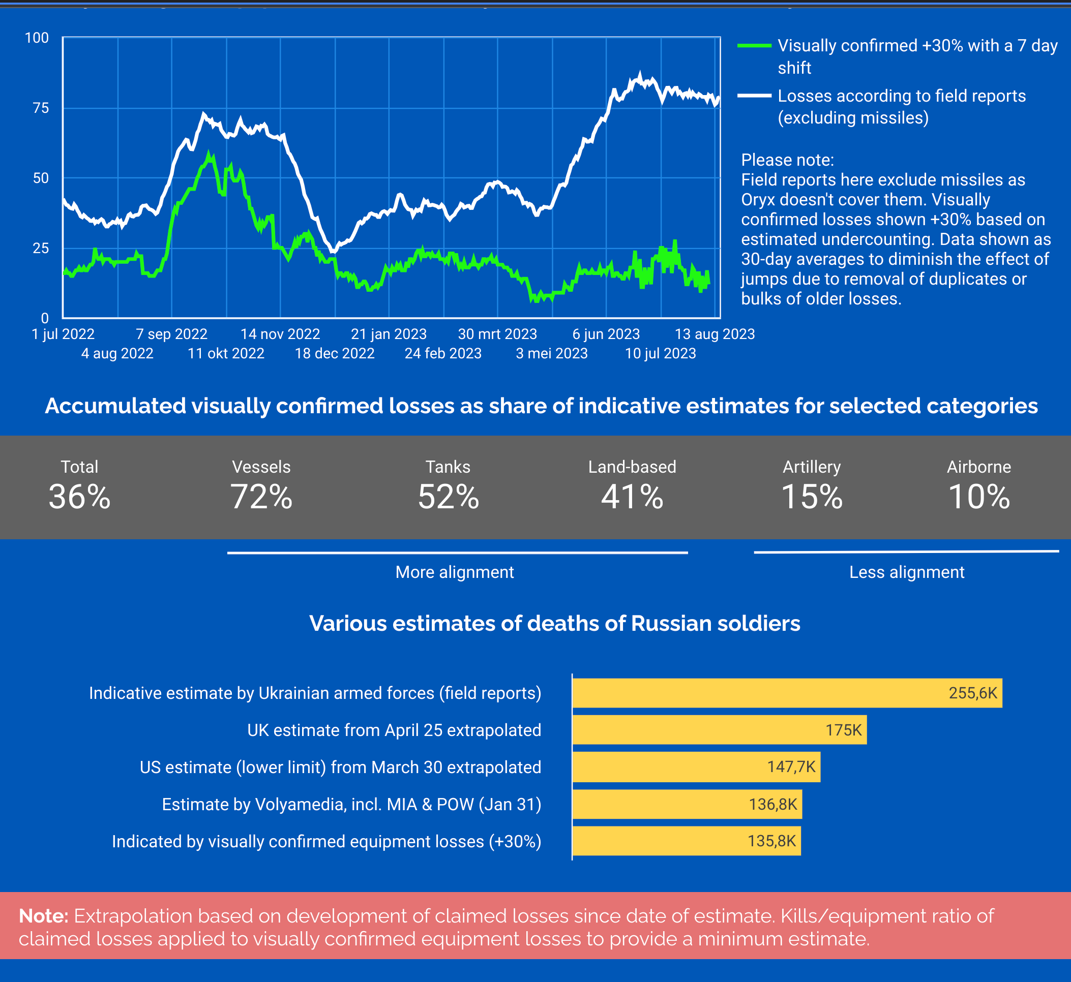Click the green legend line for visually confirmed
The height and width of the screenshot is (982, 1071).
pos(754,46)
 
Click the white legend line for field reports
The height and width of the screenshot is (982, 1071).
pos(754,96)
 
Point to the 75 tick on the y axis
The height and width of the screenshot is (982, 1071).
pos(41,108)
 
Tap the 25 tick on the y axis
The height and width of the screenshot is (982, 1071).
pos(41,248)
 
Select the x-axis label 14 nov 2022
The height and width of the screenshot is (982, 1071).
pos(280,334)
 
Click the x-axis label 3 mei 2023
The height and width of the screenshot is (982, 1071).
pos(551,353)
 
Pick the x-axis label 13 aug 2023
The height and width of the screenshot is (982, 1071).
pos(714,334)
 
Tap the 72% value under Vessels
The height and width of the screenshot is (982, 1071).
pos(261,497)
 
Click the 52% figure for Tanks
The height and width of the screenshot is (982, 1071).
pos(449,497)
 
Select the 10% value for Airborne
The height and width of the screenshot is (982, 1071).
pos(978,497)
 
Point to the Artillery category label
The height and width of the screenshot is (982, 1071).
pos(812,467)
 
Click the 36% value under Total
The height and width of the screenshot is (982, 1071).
pos(80,497)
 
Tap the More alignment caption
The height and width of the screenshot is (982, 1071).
pos(455,572)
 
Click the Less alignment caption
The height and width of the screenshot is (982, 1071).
pos(906,572)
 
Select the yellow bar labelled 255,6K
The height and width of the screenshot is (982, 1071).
pos(787,693)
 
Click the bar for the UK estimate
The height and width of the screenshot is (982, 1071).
pos(719,730)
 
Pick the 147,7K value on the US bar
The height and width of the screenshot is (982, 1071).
pos(791,767)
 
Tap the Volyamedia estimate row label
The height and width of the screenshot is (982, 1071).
pos(351,805)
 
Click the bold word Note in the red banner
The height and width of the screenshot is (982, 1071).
pos(44,916)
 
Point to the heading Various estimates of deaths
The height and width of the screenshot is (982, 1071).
pos(555,623)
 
